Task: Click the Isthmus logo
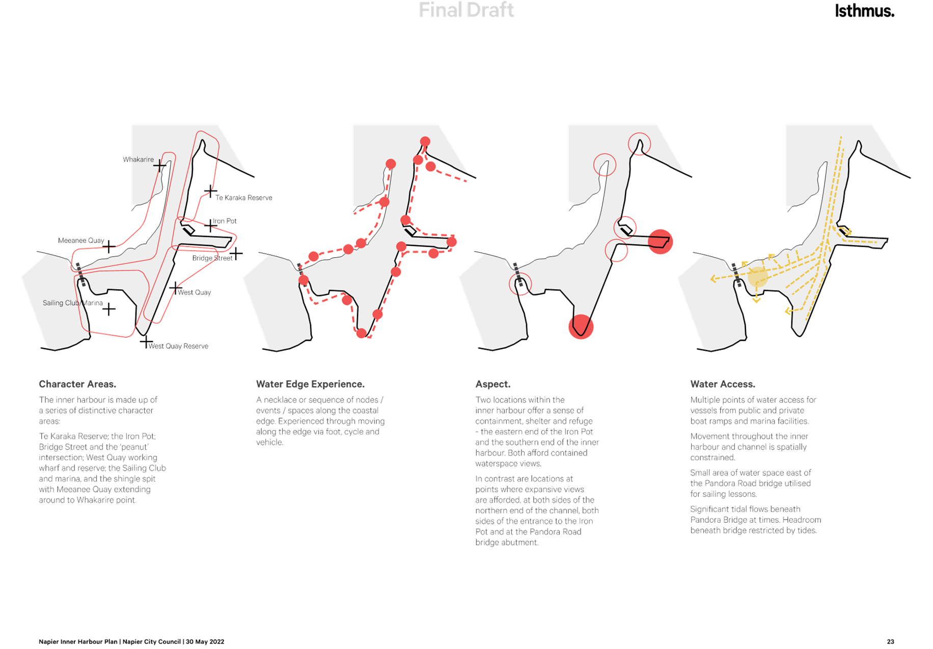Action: tap(864, 11)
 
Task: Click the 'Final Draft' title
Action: tap(466, 10)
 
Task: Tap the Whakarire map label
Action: tap(139, 159)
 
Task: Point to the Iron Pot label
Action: tap(225, 221)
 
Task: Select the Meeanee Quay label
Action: tap(81, 240)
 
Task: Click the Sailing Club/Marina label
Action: tap(72, 303)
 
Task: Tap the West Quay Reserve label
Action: tap(179, 346)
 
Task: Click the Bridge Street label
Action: tap(212, 258)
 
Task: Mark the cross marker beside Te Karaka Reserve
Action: tap(210, 192)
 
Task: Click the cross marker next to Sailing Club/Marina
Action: tap(109, 309)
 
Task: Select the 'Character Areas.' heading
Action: tap(77, 384)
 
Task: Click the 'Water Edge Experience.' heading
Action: tap(310, 384)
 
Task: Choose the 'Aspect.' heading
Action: tap(492, 384)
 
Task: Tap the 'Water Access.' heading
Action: tap(723, 384)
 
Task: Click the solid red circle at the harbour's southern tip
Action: tap(581, 327)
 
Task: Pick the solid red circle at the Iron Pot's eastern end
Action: tap(661, 241)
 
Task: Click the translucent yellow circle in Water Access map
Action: tap(757, 277)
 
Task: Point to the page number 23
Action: tap(890, 642)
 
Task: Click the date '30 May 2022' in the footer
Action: tap(205, 642)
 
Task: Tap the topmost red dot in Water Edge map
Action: tap(425, 142)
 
